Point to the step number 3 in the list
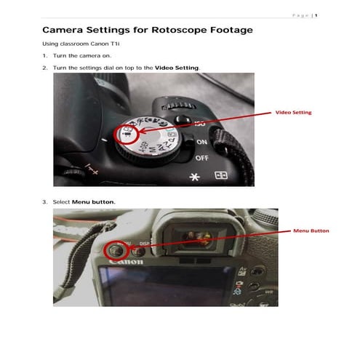pos(44,201)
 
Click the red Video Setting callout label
pos(292,113)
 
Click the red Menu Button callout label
pos(311,231)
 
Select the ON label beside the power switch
pos(201,143)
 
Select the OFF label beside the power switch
pos(201,157)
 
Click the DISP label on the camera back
pos(143,244)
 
